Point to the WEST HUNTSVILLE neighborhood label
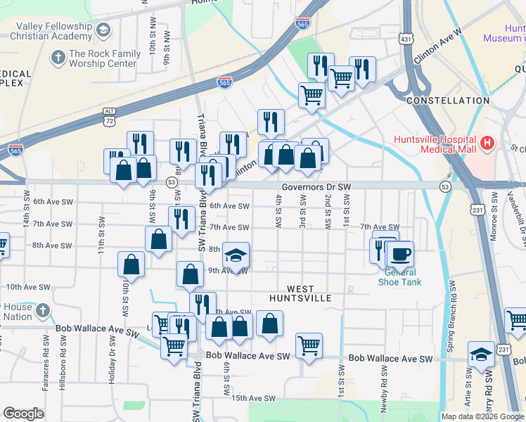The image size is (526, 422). [x=309, y=293]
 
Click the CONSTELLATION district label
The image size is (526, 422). [x=448, y=101]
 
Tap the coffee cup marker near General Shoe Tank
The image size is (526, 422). [x=400, y=255]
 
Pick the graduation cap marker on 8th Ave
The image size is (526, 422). [x=236, y=255]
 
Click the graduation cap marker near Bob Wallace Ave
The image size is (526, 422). [x=481, y=354]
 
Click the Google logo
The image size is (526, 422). [x=23, y=414]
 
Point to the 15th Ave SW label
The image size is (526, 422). [x=254, y=398]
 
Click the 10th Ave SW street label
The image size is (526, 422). [x=28, y=287]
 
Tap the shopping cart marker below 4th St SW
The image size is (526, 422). [x=309, y=345]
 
